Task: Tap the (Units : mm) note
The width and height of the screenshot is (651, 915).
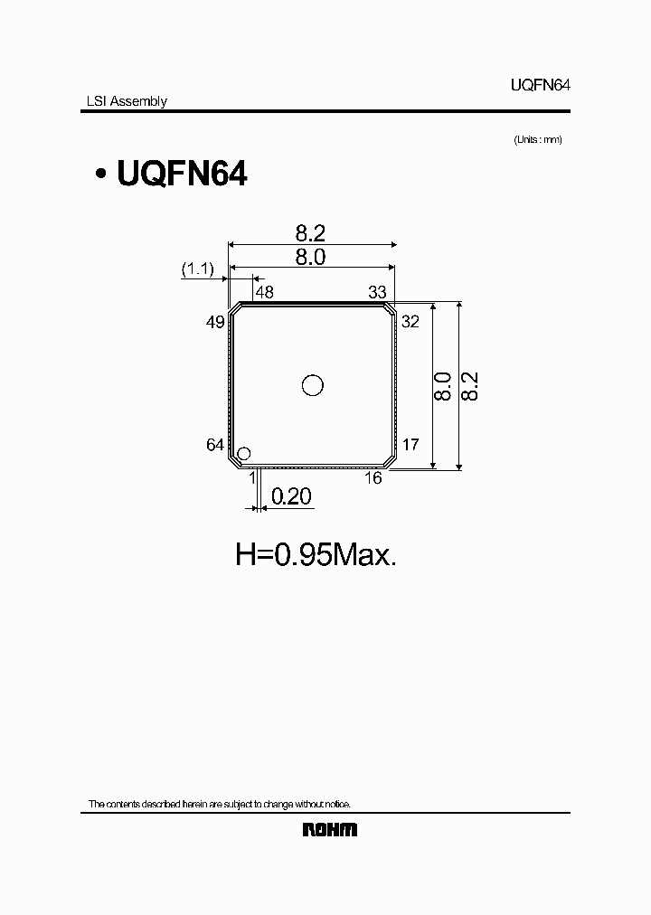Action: tap(538, 139)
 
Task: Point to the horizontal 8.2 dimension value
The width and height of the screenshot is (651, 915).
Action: tap(309, 233)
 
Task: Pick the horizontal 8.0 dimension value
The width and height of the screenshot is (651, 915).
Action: tap(309, 257)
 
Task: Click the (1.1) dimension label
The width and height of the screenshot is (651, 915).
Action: tap(196, 269)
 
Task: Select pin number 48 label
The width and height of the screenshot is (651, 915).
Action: tap(264, 292)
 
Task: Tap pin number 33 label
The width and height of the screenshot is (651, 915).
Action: tap(377, 292)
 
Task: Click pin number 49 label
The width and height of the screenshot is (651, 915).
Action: tap(215, 322)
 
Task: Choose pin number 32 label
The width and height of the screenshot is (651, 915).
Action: tap(410, 322)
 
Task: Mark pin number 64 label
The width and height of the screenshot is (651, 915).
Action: tap(215, 445)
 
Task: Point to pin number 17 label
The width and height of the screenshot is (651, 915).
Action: tap(410, 445)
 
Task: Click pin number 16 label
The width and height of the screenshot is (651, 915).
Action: tap(373, 478)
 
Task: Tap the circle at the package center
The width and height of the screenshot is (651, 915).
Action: tap(312, 386)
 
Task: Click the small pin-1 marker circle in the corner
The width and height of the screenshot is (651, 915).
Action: tap(244, 453)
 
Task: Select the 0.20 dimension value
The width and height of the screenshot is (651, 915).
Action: tap(291, 496)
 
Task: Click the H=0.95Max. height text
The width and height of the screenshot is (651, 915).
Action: tap(316, 554)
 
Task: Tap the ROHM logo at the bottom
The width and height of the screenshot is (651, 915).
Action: tap(329, 829)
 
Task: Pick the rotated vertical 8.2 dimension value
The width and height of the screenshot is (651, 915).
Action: tap(469, 386)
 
